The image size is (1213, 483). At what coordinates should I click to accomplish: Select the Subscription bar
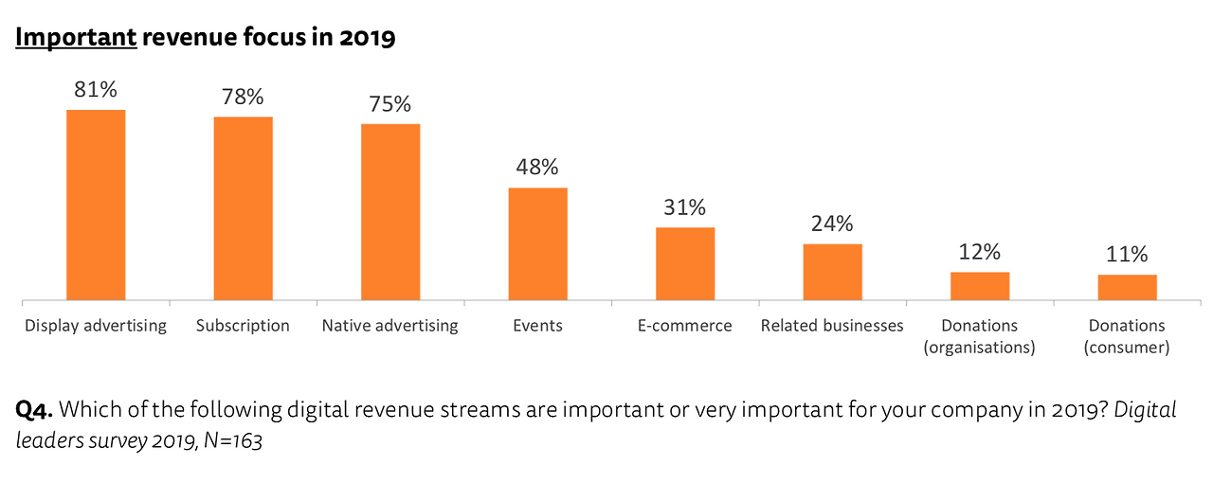click(x=243, y=209)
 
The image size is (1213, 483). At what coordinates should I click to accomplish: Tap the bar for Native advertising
click(x=390, y=212)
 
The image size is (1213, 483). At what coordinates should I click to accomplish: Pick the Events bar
click(x=537, y=244)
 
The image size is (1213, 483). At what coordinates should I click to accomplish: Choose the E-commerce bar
click(x=685, y=264)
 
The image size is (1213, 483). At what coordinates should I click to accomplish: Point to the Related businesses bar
click(x=832, y=273)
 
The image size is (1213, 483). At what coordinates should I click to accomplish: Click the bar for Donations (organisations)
click(x=980, y=287)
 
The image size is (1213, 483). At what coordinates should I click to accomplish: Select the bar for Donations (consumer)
click(x=1127, y=288)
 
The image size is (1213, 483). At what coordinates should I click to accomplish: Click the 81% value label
click(x=96, y=90)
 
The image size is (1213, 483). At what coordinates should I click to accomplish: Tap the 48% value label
click(x=537, y=168)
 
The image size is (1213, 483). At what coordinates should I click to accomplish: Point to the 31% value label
click(x=685, y=207)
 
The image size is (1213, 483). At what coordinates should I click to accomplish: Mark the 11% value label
click(x=1127, y=255)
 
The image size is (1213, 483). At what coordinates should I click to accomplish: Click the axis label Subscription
click(x=243, y=326)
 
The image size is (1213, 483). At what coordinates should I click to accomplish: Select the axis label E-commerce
click(x=685, y=326)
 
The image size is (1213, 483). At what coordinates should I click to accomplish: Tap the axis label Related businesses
click(x=832, y=326)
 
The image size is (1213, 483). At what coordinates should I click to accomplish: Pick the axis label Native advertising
click(x=390, y=326)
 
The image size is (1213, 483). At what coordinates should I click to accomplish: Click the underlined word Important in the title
click(x=76, y=38)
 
